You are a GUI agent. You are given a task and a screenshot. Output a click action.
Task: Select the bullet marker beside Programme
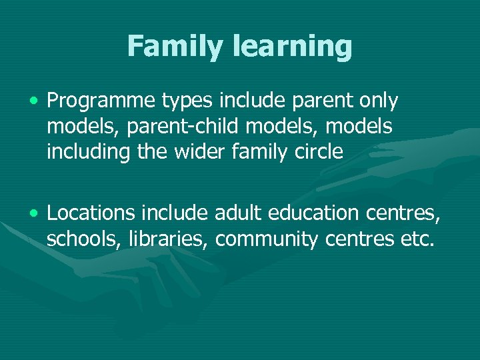(33, 101)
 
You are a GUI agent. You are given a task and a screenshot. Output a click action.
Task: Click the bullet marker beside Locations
(33, 213)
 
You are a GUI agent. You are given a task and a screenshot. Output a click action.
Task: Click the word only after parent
(377, 101)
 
